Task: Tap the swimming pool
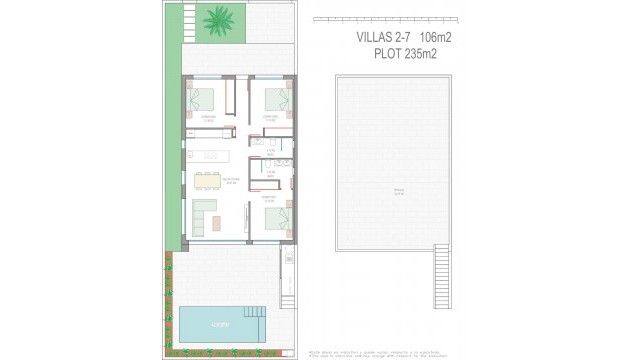(218, 323)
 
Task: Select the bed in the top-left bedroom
(203, 99)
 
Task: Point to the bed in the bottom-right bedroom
(277, 219)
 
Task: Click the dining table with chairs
(209, 180)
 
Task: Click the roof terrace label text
(397, 193)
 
